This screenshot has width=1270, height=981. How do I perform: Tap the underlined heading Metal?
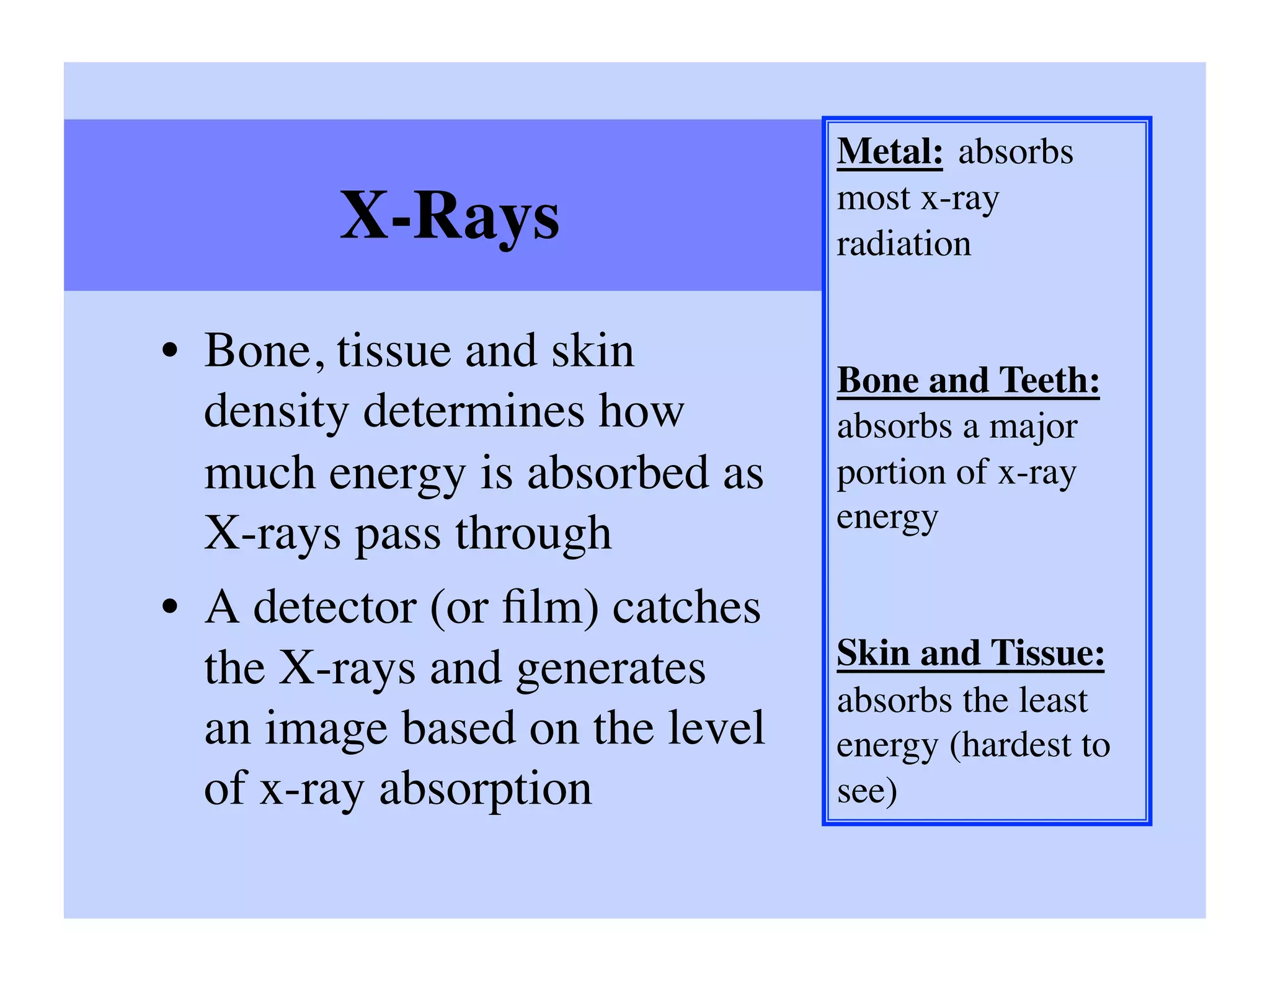point(890,152)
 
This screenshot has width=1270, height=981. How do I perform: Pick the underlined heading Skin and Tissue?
point(970,654)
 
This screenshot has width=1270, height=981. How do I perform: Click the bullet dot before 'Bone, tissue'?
point(170,352)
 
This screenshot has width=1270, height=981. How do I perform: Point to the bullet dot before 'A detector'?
point(170,608)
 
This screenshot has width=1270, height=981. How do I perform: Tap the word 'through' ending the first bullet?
point(533,534)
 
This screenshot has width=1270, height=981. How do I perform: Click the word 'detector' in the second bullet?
point(335,608)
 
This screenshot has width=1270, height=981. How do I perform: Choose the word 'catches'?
point(686,608)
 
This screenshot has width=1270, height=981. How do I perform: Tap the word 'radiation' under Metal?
point(904,244)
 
